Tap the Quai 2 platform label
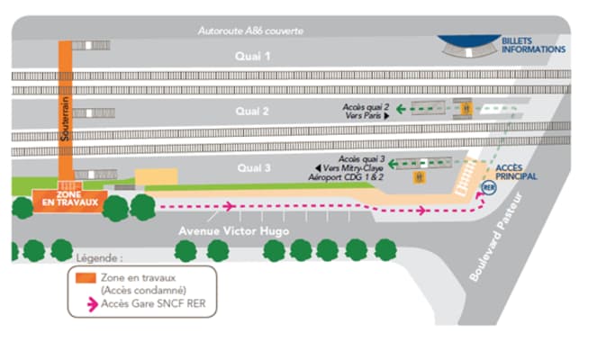253,112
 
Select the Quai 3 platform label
253,167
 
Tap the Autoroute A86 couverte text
251,31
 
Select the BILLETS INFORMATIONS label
533,44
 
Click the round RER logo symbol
489,187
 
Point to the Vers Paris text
364,116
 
